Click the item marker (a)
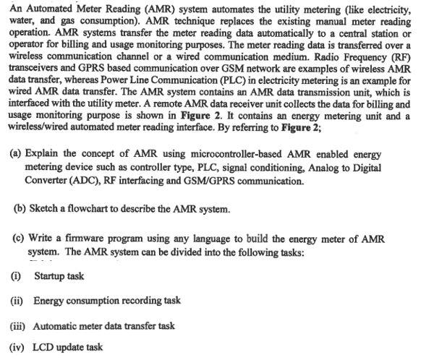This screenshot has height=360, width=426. click(x=14, y=155)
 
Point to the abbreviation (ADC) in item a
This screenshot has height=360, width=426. click(x=89, y=180)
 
